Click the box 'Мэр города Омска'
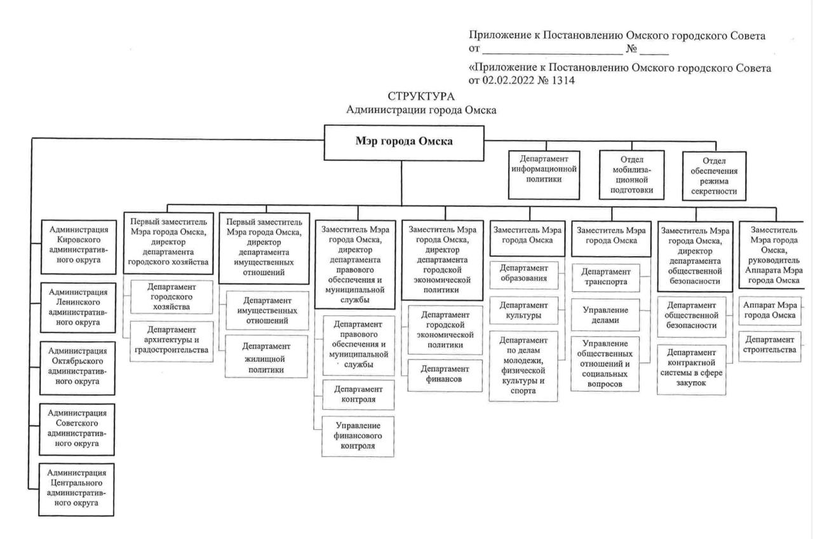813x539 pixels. (404, 142)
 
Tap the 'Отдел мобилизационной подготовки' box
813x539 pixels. (631, 175)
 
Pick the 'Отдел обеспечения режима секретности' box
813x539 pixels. (715, 175)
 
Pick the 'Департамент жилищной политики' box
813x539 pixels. (267, 357)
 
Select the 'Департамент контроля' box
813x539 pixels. (358, 394)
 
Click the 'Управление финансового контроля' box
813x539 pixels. (358, 435)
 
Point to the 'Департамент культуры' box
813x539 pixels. (525, 310)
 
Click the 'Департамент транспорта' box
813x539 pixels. (605, 276)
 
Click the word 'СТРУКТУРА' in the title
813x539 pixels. (421, 97)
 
